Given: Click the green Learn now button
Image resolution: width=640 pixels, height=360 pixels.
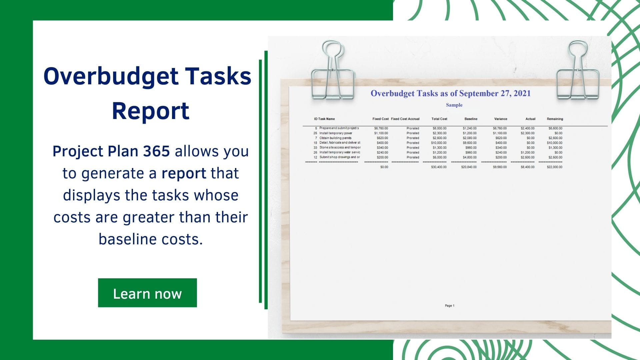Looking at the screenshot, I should pos(147,293).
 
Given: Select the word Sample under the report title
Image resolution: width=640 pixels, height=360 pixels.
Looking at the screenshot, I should pos(454,105).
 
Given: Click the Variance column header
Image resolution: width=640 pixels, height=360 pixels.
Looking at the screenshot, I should pos(500,119).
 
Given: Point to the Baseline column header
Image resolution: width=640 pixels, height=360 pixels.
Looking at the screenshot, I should pos(471,119).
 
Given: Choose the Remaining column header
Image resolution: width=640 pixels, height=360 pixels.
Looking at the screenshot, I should pos(555,119).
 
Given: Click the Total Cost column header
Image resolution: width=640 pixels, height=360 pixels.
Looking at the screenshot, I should pos(439,119).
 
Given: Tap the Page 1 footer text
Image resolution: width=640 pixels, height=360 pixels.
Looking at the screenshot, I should pos(449,306).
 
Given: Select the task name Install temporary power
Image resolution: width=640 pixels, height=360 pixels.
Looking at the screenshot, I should pos(336,133).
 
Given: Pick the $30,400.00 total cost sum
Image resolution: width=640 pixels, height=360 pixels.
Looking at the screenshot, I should pos(439,167).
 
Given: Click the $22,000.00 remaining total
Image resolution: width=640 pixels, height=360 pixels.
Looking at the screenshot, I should pos(554,167).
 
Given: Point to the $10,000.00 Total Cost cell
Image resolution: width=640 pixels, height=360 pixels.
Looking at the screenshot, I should pos(439,143).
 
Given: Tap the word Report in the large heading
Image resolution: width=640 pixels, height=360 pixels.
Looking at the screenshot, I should pos(151,111).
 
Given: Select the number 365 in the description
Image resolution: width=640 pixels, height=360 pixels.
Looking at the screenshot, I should pos(156,151).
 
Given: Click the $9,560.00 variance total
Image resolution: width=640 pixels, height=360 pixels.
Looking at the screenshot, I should pos(500,167).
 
